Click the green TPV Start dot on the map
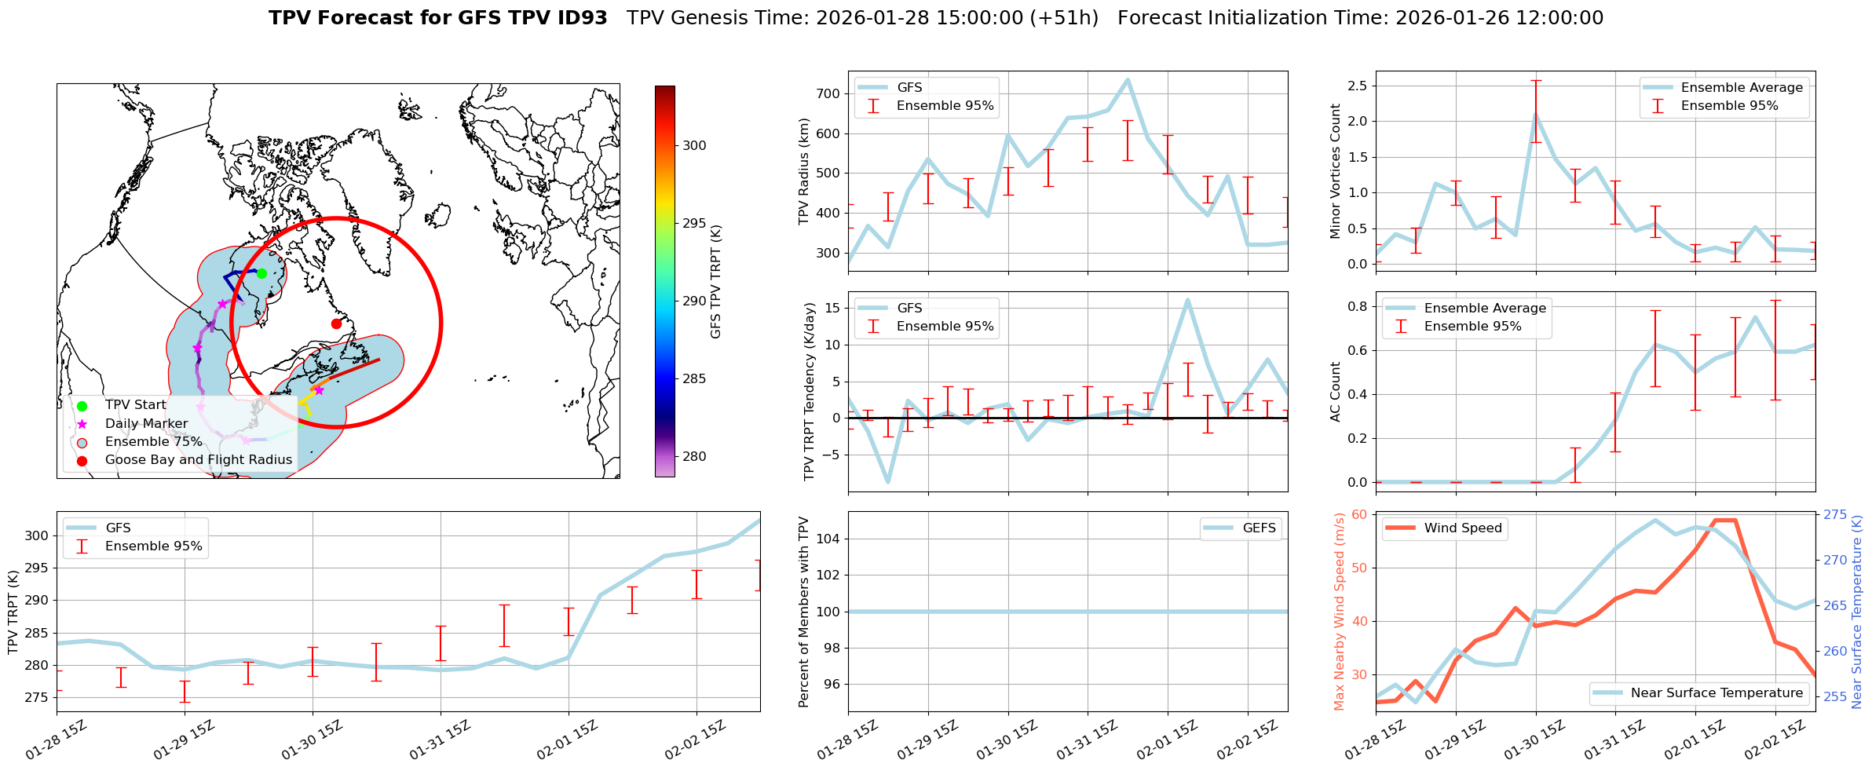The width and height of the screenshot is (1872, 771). point(261,273)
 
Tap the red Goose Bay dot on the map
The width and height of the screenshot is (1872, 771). point(336,323)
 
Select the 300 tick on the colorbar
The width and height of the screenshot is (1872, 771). point(694,145)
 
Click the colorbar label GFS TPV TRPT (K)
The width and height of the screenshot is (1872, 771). point(715,282)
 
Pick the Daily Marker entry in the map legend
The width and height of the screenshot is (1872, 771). point(146,424)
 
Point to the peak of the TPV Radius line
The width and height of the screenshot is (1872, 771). point(1128,79)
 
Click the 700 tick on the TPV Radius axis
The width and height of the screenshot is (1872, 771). point(829,93)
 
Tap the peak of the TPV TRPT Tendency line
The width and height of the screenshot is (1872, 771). point(1187,300)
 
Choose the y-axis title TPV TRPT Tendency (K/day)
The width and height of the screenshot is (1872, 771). point(810,392)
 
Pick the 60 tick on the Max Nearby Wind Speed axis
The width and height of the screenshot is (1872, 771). point(1359,515)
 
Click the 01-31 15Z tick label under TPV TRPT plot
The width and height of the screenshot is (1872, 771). point(439,740)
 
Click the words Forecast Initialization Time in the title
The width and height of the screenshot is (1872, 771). point(1252,18)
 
